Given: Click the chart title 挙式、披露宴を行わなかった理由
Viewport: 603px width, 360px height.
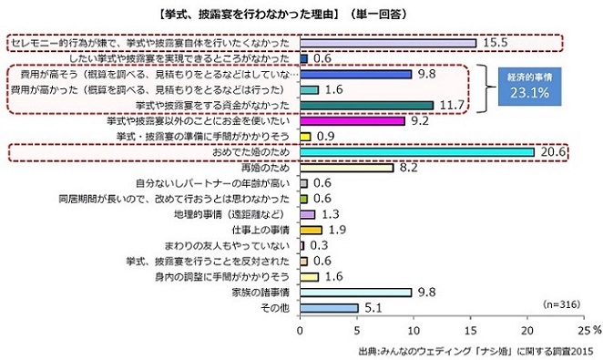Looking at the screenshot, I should pos(301,15).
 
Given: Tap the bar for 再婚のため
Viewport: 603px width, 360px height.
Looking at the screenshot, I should pos(346,168).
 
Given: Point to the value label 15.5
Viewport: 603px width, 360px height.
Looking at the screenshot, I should pos(496,43).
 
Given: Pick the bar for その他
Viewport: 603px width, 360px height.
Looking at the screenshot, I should pos(329,308).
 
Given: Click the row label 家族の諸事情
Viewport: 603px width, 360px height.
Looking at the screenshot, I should pos(261,292).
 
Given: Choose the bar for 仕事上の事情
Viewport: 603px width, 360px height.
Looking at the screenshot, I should pos(311,230).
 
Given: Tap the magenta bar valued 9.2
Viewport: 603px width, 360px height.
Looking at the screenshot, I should pos(352,120).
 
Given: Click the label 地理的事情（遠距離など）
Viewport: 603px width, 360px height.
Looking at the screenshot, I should pos(240,214).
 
